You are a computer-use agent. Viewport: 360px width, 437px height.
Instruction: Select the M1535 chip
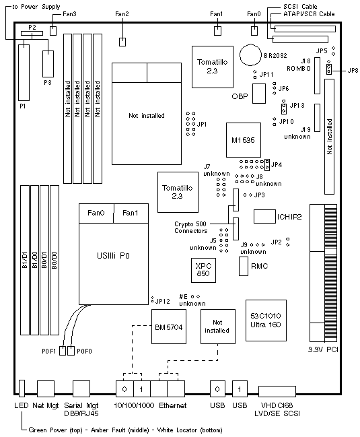pos(244,140)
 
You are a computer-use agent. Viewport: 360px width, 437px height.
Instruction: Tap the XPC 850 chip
pos(203,270)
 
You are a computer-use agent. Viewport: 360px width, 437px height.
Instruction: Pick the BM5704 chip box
pos(169,327)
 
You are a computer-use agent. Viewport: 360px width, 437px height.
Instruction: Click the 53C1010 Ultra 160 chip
pos(266,321)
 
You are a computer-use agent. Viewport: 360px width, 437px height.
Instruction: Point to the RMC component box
pos(244,267)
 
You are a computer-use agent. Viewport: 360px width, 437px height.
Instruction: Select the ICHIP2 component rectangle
pos(264,217)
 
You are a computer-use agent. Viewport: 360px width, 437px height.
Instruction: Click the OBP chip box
pos(259,94)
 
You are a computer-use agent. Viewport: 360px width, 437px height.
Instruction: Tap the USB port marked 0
pos(217,389)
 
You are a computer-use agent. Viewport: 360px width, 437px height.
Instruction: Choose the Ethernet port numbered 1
pos(142,389)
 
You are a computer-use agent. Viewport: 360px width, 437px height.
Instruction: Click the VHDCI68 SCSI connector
pos(277,391)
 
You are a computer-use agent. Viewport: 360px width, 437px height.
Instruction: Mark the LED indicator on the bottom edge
pos(22,388)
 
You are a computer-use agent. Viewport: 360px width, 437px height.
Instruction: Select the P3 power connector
pos(48,64)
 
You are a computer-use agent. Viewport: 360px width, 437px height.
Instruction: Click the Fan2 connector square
pos(122,42)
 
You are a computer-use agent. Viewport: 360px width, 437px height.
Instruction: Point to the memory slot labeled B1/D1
pos(25,260)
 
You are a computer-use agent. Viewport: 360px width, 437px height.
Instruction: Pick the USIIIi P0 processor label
pos(113,256)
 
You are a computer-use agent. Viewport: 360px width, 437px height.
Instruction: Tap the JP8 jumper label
pos(353,70)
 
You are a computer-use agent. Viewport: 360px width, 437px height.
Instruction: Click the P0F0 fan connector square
pos(71,351)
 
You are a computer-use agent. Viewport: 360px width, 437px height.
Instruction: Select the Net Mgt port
pos(45,389)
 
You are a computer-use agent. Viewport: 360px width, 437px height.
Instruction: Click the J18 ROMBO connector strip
pos(317,75)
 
